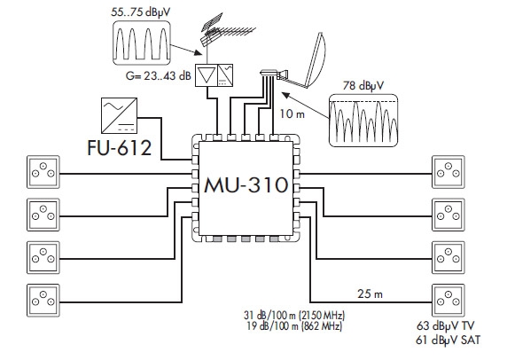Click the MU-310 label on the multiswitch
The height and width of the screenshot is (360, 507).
point(246,185)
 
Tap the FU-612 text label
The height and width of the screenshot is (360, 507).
point(120,148)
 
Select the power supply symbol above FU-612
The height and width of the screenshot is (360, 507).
point(119,115)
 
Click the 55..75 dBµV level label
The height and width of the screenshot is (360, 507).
point(140,12)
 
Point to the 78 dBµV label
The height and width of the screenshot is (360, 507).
point(363,86)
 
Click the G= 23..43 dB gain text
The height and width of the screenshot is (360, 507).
point(158,75)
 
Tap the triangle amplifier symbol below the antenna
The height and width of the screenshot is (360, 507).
point(207,75)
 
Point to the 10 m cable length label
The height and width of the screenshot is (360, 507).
point(292,113)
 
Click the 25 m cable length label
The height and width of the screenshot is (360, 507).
point(370,293)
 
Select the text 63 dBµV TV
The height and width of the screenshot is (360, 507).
point(446,325)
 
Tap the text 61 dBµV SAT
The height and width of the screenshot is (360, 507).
point(448,340)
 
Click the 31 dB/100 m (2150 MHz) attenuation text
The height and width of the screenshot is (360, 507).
point(294,315)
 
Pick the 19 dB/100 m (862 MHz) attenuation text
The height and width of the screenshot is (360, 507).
point(294,326)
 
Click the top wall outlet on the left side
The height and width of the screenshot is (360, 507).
point(43,172)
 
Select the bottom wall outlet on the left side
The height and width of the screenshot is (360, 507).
point(43,301)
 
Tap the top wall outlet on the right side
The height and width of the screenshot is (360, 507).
point(448,172)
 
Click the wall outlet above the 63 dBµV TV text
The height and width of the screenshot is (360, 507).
point(448,301)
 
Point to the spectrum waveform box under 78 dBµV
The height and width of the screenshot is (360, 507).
point(363,121)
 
